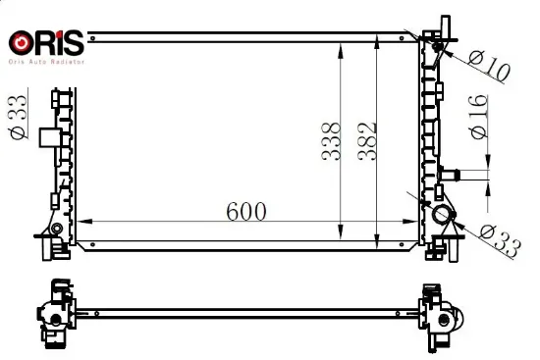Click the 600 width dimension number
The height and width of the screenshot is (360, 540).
point(246,211)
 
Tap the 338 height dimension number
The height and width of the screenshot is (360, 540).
point(331,141)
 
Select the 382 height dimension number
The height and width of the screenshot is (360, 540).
point(367,141)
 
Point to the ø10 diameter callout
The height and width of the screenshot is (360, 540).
point(489,67)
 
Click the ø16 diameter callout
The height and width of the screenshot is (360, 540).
point(479,117)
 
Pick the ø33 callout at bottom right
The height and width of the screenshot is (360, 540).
point(501,241)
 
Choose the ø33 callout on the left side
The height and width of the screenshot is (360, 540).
point(19,117)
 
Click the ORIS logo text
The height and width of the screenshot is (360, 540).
point(46,43)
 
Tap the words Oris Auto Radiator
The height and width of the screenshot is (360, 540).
point(46,62)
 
